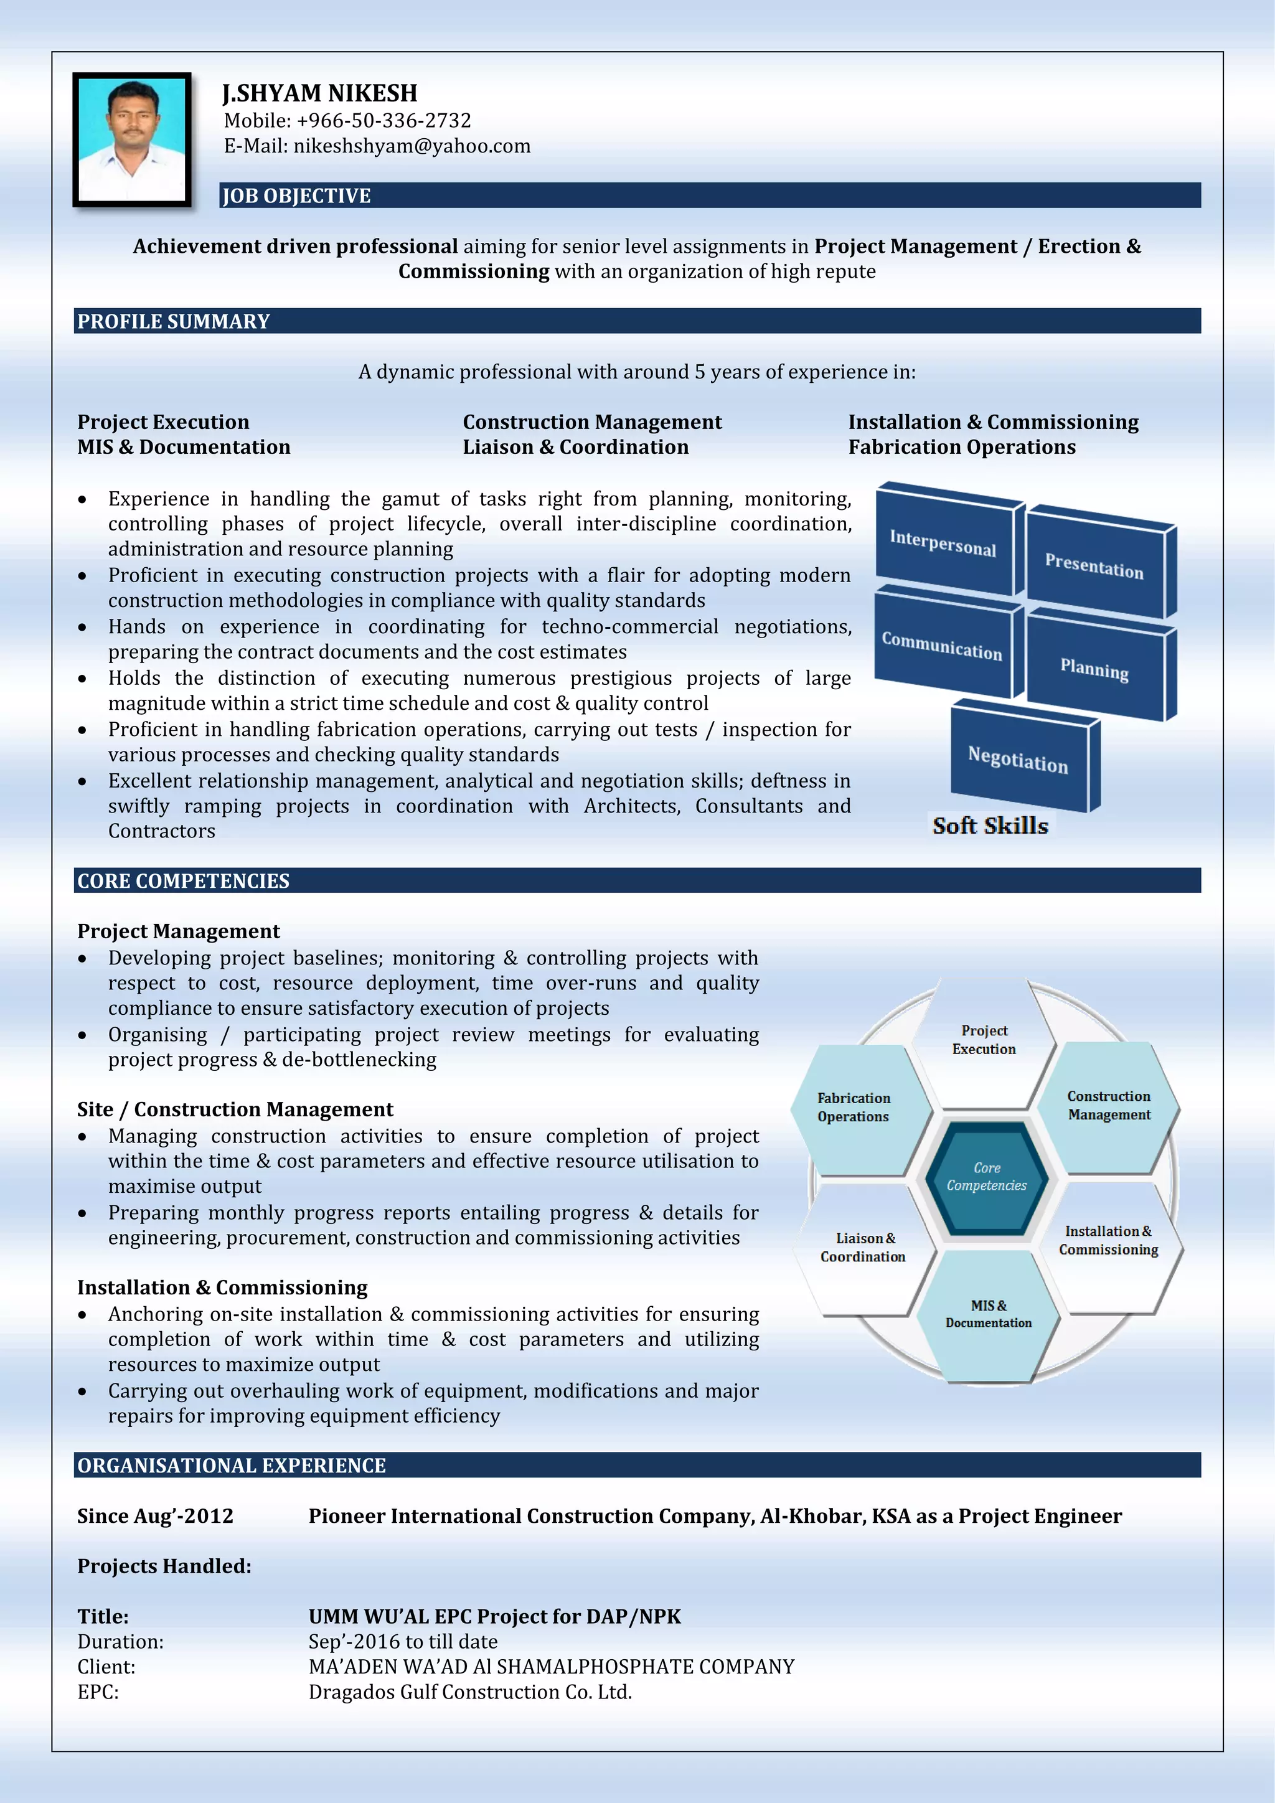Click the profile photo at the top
coord(132,140)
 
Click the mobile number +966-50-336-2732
coord(383,121)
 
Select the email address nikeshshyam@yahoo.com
coord(412,146)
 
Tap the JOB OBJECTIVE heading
coord(297,195)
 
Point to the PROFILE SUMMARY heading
coord(174,321)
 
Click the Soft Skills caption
coord(990,826)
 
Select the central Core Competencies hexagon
coord(986,1176)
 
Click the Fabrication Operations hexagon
coord(854,1107)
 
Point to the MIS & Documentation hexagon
coord(989,1314)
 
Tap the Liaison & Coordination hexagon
coord(863,1247)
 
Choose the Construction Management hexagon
coord(1109,1105)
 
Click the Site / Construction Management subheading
coord(235,1109)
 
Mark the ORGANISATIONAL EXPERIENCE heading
coord(232,1466)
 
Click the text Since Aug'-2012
coord(156,1515)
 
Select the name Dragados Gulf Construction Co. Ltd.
coord(469,1692)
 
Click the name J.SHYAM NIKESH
coord(321,93)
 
